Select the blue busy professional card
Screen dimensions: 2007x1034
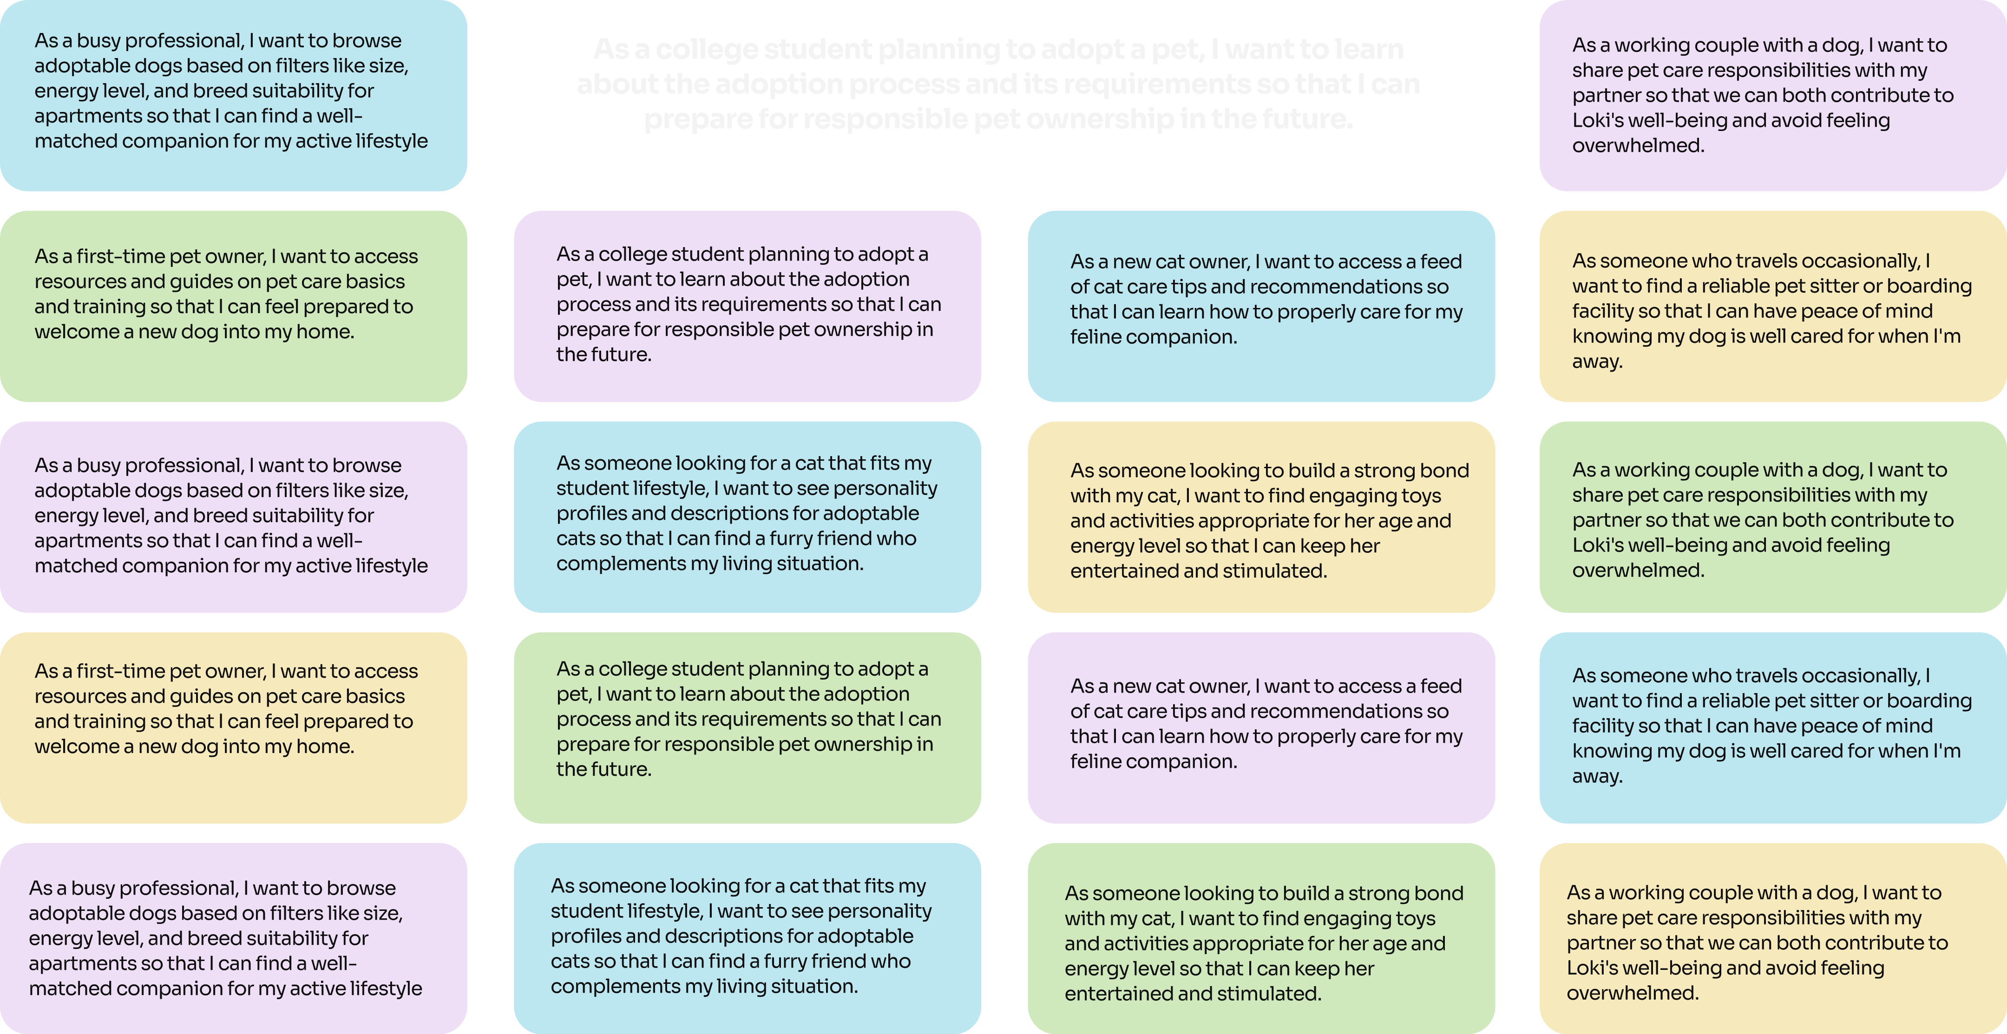(x=233, y=95)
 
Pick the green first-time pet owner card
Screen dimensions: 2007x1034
(x=233, y=306)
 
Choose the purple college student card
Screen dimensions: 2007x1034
(x=747, y=306)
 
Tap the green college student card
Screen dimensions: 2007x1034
(x=747, y=727)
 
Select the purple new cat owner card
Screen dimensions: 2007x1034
(x=1260, y=727)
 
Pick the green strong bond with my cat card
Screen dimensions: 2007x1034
(x=1260, y=938)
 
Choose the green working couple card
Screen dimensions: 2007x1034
(x=1772, y=517)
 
